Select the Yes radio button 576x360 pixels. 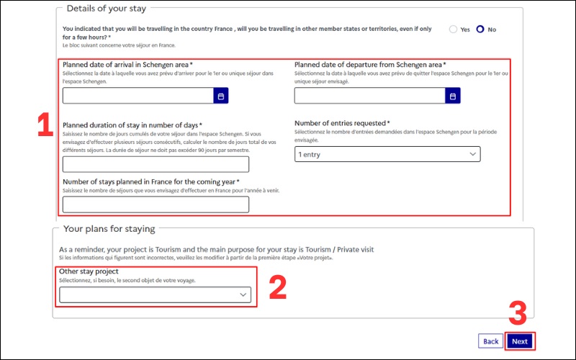(454, 30)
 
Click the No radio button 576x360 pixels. (480, 29)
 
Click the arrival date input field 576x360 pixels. (138, 96)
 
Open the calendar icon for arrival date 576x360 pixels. (221, 96)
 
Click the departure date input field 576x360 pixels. (370, 96)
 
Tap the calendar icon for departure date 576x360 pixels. (453, 96)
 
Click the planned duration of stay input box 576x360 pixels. (156, 164)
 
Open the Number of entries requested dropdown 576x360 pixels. (387, 154)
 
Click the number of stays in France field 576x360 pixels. (156, 204)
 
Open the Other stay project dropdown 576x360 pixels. (155, 294)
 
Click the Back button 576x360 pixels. (490, 341)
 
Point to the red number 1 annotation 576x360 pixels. (45, 125)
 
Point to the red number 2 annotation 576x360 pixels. (278, 287)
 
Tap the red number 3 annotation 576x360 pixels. (518, 313)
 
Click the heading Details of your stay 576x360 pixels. (106, 9)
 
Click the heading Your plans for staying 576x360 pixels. (109, 229)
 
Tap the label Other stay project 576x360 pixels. (89, 271)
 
